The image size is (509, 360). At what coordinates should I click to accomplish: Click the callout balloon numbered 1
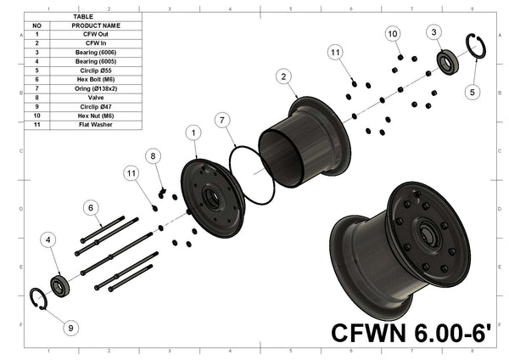pyautogui.click(x=193, y=133)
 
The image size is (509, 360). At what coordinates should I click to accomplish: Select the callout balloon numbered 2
pyautogui.click(x=280, y=76)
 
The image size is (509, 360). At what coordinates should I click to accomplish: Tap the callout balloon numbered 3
pyautogui.click(x=433, y=32)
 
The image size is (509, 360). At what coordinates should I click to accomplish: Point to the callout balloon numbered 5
pyautogui.click(x=473, y=90)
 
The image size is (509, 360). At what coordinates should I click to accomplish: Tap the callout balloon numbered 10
pyautogui.click(x=393, y=33)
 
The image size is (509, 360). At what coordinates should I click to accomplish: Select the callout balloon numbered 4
pyautogui.click(x=48, y=241)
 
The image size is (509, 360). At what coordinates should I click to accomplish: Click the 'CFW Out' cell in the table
pyautogui.click(x=96, y=34)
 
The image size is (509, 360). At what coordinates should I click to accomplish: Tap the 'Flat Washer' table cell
pyautogui.click(x=96, y=124)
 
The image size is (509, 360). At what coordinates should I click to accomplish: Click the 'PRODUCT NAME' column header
pyautogui.click(x=96, y=25)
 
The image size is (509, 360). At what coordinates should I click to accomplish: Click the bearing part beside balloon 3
pyautogui.click(x=445, y=61)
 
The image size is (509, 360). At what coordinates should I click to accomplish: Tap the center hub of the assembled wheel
pyautogui.click(x=424, y=233)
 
